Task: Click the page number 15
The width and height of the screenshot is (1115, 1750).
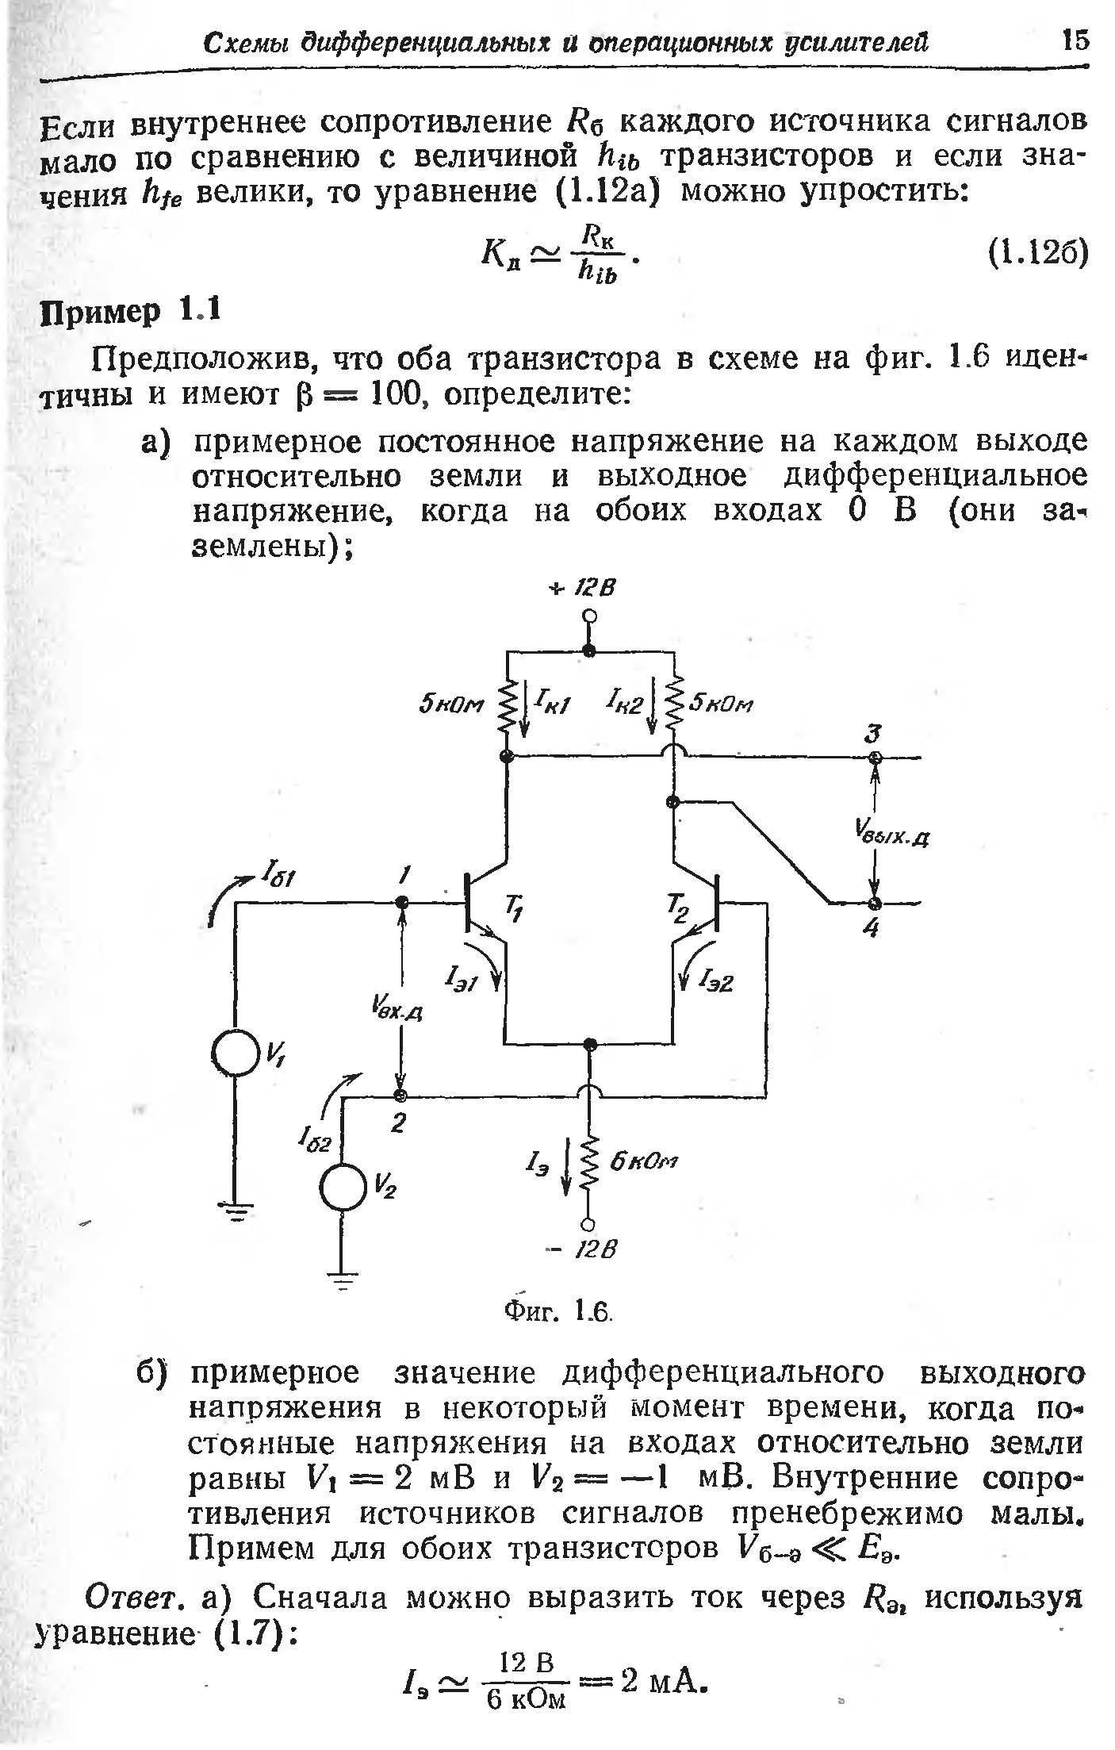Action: click(1076, 40)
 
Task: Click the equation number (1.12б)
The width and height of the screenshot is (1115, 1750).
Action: click(1037, 254)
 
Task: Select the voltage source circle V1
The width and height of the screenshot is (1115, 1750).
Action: click(235, 1053)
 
